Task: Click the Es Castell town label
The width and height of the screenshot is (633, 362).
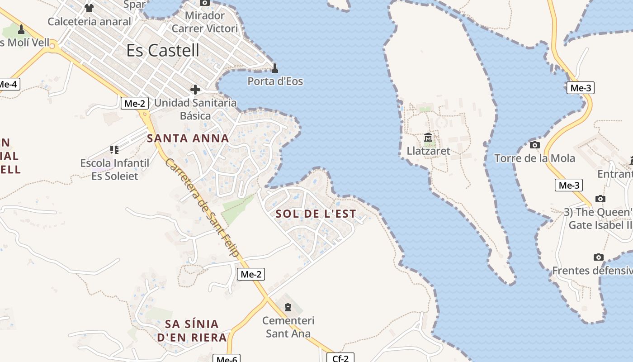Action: (x=163, y=50)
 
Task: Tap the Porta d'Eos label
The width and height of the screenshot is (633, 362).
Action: (x=275, y=81)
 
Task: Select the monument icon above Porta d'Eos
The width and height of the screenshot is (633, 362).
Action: (x=274, y=69)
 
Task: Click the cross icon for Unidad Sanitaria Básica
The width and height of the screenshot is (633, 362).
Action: (x=195, y=90)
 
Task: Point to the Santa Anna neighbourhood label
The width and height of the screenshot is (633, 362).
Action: (x=188, y=138)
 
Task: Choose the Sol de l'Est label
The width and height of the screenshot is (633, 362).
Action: (x=316, y=214)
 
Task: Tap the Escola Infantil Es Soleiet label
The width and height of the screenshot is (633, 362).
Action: (x=115, y=169)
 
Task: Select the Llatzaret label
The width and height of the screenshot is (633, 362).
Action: (x=429, y=151)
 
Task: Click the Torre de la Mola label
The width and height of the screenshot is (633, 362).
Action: (x=534, y=158)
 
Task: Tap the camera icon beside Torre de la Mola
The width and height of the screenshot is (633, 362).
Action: (x=535, y=145)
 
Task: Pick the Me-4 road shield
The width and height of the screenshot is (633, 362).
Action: (x=8, y=84)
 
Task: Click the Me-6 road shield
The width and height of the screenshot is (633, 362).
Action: (x=227, y=359)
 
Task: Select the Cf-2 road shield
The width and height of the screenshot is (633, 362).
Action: (x=340, y=358)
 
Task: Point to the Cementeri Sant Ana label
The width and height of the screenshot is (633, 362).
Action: (x=288, y=327)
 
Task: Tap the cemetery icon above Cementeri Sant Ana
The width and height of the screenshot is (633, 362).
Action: (x=288, y=308)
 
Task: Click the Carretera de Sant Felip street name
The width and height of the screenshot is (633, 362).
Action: (x=202, y=208)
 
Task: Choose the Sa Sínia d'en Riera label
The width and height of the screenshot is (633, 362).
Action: (x=192, y=331)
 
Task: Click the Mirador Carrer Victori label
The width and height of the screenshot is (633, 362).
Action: (x=205, y=22)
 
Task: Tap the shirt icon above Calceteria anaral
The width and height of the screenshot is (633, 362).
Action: (x=89, y=8)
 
